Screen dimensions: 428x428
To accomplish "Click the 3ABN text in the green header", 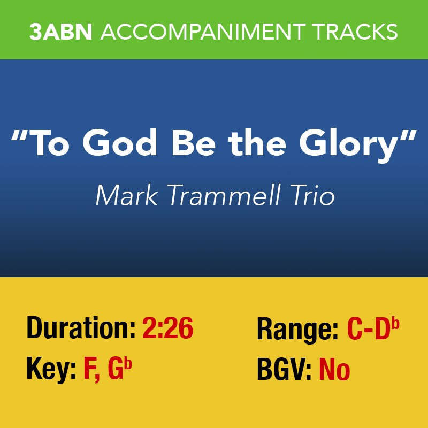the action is [x=60, y=32].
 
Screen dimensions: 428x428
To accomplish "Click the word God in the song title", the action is [x=120, y=142].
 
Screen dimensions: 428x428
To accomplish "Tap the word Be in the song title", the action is [x=193, y=143].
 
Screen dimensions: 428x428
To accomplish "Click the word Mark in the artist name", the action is [x=127, y=195].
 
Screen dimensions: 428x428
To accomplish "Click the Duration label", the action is [x=81, y=328].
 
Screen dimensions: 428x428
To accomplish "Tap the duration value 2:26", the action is [x=167, y=328].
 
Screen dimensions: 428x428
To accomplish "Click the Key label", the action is [x=51, y=370].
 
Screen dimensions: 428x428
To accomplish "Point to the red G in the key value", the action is [x=116, y=370].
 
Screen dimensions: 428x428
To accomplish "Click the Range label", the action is [x=297, y=330].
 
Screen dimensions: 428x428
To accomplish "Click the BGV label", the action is [x=284, y=370].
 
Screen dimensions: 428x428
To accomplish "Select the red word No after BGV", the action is [x=335, y=370].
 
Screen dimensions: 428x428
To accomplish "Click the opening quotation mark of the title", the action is [x=20, y=135].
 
